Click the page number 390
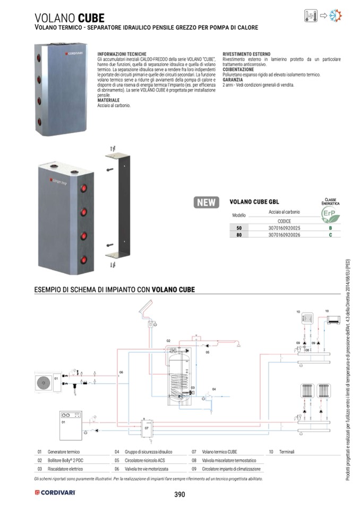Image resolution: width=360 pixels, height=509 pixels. click(x=179, y=495)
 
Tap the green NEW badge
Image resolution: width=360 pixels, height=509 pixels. click(x=207, y=202)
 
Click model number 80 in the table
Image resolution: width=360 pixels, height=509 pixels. click(x=239, y=234)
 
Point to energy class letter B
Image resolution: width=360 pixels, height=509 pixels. click(x=330, y=227)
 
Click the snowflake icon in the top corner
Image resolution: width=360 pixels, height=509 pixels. click(x=335, y=15)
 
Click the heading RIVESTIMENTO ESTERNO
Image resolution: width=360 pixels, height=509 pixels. click(x=246, y=54)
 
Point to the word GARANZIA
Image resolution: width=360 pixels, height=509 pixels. click(x=233, y=80)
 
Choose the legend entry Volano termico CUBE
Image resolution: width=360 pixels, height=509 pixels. click(x=219, y=452)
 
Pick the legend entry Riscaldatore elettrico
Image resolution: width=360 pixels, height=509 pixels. click(x=65, y=469)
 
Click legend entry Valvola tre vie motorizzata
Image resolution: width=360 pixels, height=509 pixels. click(x=147, y=469)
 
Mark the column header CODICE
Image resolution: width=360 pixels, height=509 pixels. click(x=284, y=220)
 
